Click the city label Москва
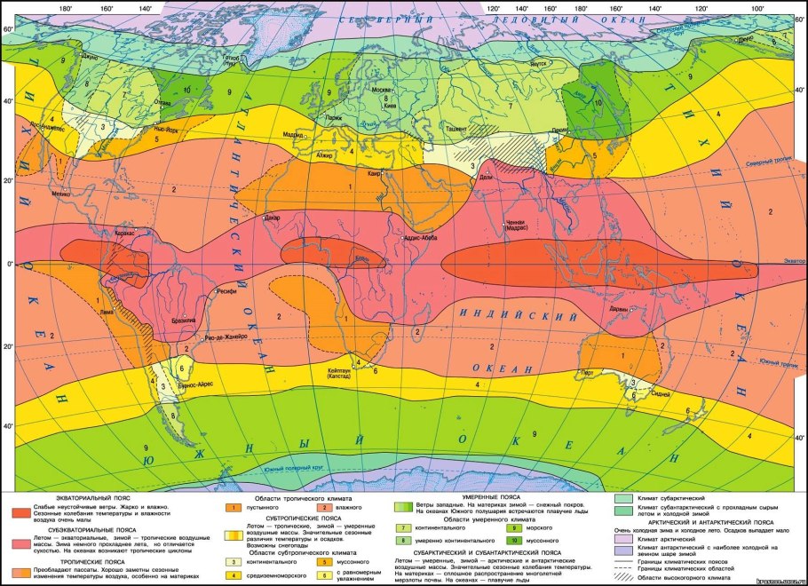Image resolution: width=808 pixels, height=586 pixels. (x=381, y=91)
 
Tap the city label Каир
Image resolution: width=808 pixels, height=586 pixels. (x=374, y=174)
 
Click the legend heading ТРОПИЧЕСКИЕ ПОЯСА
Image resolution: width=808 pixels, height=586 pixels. (x=91, y=561)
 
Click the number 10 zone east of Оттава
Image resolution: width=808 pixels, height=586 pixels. (x=186, y=90)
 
